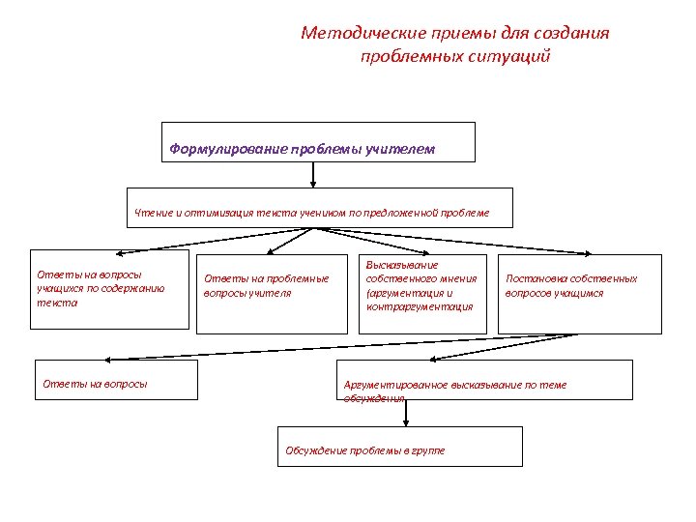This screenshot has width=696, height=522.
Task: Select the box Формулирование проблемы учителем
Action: click(x=319, y=141)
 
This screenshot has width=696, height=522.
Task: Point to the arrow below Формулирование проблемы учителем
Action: click(x=313, y=174)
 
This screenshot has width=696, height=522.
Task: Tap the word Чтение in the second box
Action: click(x=152, y=213)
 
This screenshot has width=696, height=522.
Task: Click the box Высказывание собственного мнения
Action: click(x=421, y=294)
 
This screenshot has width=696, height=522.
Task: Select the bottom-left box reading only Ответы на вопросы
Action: click(x=115, y=379)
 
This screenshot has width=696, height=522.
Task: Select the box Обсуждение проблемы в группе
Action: click(x=399, y=447)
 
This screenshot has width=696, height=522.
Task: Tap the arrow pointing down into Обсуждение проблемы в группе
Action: click(x=406, y=414)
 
